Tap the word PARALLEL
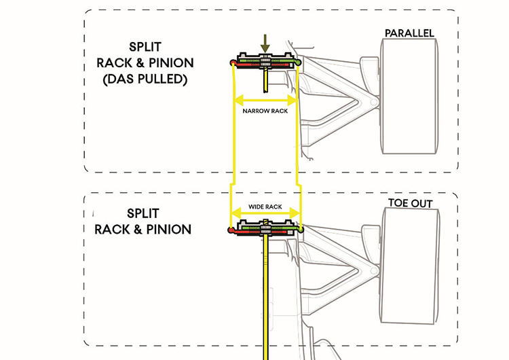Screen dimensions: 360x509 point(409,33)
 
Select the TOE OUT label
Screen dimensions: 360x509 point(410,203)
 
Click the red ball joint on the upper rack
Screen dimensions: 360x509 point(233,63)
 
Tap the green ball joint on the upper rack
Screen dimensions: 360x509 point(299,62)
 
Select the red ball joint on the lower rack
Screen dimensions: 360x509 point(232,231)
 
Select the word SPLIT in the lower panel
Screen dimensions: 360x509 point(144,213)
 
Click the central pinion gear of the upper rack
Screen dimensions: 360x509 point(266,62)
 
